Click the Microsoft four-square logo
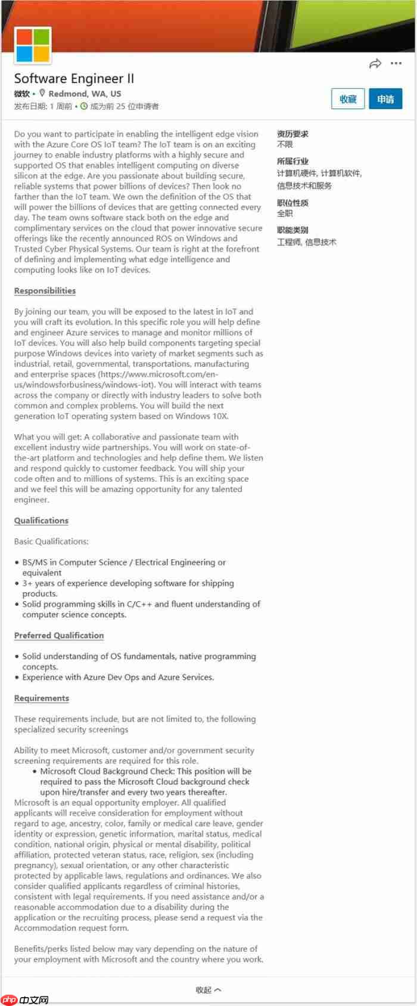tap(33, 45)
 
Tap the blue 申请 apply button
tap(385, 99)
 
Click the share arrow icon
tap(375, 64)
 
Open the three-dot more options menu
tap(396, 63)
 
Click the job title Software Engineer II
tap(74, 79)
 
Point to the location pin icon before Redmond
tap(42, 93)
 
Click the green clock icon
tap(84, 106)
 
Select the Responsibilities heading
tap(45, 291)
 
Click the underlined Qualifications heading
tap(41, 521)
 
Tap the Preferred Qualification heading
tap(59, 636)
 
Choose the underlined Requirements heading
tap(42, 698)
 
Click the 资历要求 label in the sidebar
tap(292, 134)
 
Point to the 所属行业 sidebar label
tap(292, 161)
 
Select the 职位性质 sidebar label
tap(292, 203)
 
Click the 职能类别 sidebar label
tap(292, 230)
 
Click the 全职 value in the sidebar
tap(285, 213)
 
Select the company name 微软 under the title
tap(22, 94)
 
